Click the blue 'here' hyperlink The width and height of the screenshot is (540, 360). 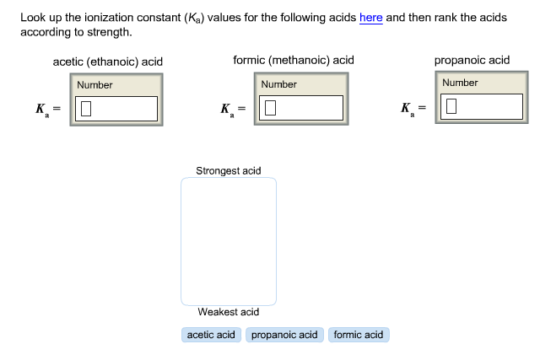click(371, 17)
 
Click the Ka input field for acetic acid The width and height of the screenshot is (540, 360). click(116, 109)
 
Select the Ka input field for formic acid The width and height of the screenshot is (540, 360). click(301, 108)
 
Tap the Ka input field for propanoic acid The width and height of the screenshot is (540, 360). click(482, 106)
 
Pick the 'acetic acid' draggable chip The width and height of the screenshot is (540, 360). click(211, 335)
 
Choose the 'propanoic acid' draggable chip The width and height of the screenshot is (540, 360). click(284, 335)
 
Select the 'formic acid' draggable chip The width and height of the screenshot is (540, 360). click(359, 335)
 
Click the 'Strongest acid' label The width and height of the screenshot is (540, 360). click(229, 170)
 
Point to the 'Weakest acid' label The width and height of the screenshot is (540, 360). click(229, 312)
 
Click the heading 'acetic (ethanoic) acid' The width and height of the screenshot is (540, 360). click(108, 62)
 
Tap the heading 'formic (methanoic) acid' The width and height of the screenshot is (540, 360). click(294, 60)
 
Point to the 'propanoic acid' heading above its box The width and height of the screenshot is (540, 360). click(472, 60)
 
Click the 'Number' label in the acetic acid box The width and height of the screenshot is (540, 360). click(94, 85)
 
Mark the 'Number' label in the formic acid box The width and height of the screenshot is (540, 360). click(279, 84)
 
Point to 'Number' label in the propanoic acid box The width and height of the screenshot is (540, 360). click(460, 83)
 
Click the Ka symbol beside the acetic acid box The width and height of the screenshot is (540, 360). click(42, 110)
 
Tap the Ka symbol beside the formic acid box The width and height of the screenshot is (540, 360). click(227, 110)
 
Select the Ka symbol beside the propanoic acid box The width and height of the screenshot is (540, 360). click(408, 109)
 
